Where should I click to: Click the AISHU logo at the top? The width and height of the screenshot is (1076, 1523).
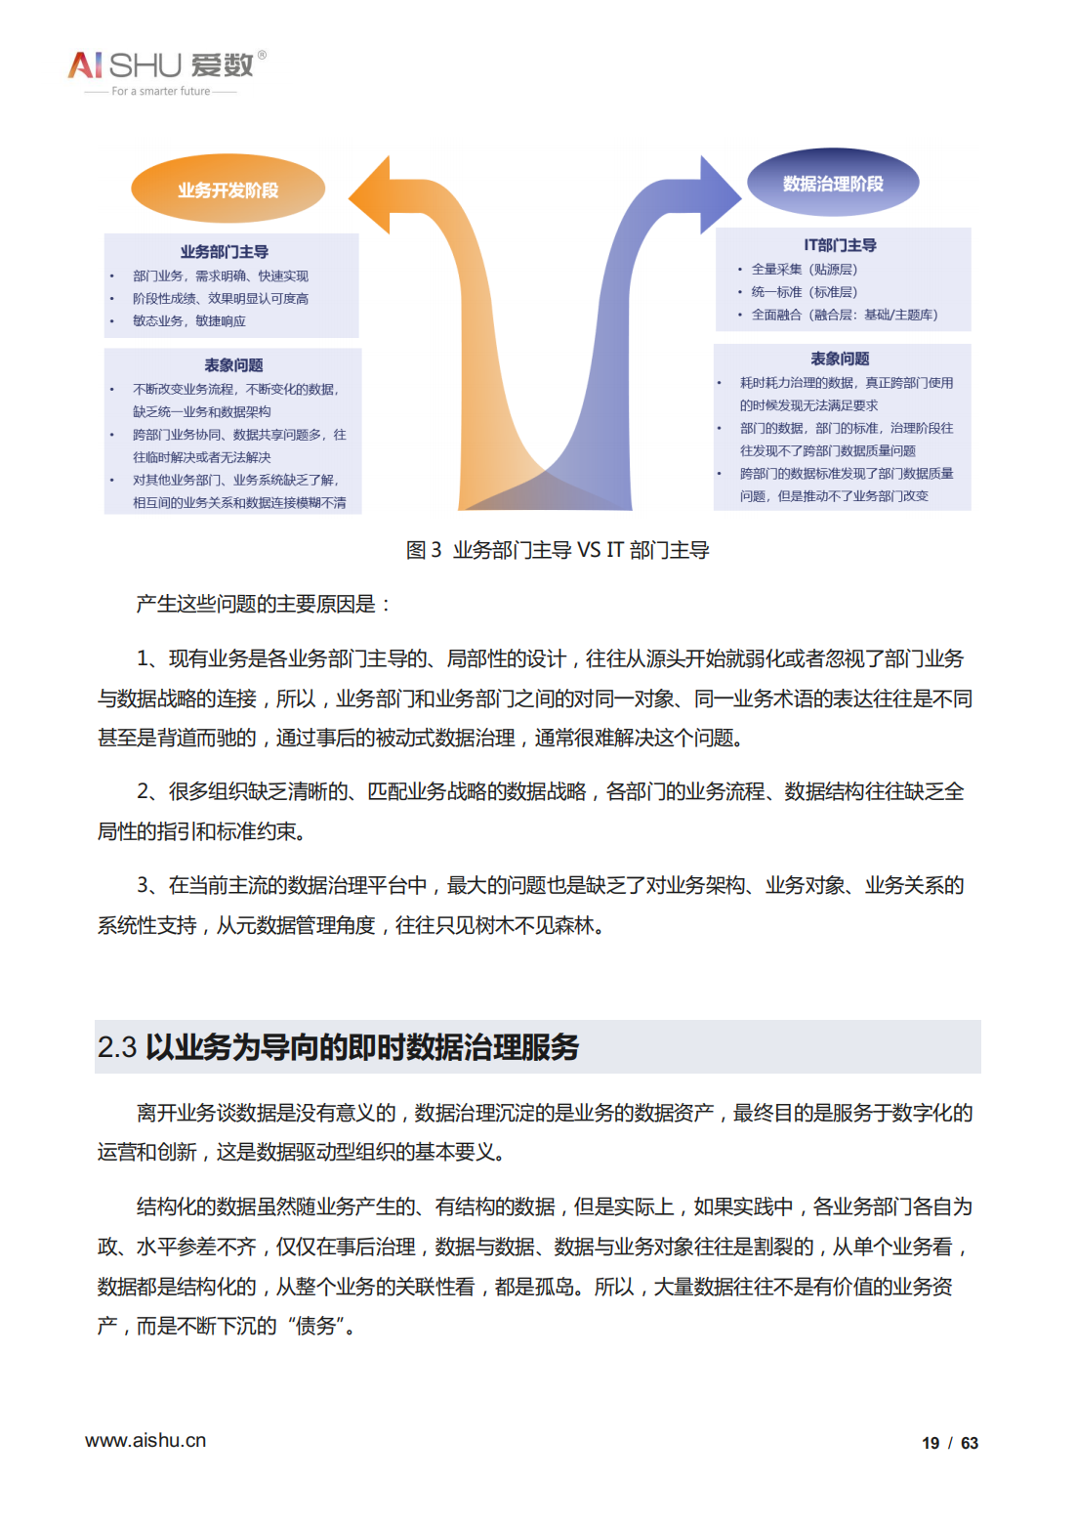point(162,65)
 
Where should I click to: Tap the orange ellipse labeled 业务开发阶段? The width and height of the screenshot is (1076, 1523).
point(228,190)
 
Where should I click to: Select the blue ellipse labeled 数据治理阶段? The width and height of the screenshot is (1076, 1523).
point(833,183)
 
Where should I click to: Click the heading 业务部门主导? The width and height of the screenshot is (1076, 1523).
point(225,252)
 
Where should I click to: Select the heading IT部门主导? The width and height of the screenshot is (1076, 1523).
point(840,245)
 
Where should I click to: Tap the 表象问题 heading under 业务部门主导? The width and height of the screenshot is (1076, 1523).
point(233,365)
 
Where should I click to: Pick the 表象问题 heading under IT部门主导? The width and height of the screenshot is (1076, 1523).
point(840,359)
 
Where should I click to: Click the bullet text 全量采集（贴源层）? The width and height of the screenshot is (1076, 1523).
point(805,270)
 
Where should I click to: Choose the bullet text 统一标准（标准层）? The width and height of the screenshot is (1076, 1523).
point(805,292)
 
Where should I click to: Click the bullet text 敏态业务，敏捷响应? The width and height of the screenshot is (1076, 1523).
point(189,321)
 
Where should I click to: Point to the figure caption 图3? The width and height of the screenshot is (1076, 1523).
point(424,550)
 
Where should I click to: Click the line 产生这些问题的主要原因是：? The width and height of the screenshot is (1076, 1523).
point(264,605)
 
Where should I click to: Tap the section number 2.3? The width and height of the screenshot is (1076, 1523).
point(116,1047)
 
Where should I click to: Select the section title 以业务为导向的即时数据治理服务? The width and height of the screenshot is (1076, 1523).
point(362,1047)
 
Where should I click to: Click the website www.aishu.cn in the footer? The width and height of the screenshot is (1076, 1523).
point(145,1440)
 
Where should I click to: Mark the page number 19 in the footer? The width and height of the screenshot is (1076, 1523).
point(931,1443)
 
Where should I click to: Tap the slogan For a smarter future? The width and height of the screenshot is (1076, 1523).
point(161,92)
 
